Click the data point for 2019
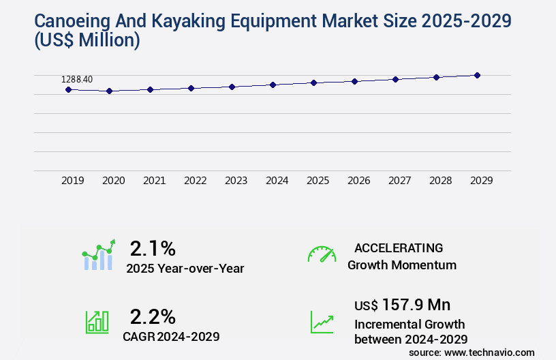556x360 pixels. coord(68,89)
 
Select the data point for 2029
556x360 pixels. coord(477,75)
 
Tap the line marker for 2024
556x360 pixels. coord(273,85)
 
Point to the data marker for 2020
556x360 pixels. coord(109,91)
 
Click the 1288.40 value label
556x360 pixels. coord(77,79)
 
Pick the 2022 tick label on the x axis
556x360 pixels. coord(195,181)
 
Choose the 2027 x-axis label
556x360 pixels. coord(399,181)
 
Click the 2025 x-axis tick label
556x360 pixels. coord(318,181)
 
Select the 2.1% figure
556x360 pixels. coord(153,247)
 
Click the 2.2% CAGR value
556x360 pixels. coord(153,316)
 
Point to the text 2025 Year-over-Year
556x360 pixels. coord(185,269)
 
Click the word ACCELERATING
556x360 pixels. coord(399,247)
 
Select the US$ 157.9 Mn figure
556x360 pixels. coord(402,304)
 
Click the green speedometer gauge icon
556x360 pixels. coord(322,254)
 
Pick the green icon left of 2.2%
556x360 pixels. coord(97,322)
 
